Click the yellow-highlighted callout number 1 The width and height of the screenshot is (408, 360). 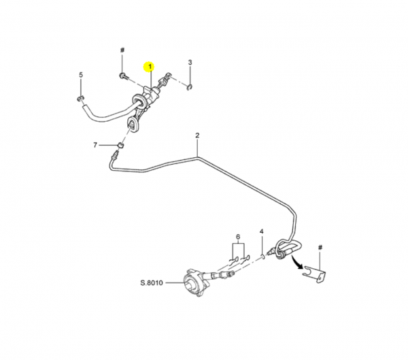[150, 67]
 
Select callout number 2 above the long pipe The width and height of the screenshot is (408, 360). [197, 135]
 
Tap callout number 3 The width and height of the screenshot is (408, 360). [190, 63]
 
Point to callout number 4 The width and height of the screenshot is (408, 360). [262, 231]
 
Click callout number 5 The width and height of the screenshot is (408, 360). [81, 75]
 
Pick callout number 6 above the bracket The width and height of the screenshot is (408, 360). [238, 237]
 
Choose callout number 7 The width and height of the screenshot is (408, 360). [95, 145]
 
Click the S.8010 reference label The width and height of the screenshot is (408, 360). [152, 282]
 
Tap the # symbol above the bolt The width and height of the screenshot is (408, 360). [122, 50]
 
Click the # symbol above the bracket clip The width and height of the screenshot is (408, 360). [320, 248]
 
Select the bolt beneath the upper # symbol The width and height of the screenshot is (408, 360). [124, 76]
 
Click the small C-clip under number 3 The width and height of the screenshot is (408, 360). [190, 88]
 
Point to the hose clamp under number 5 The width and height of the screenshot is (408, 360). [80, 99]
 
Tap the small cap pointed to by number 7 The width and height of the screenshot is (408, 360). [120, 145]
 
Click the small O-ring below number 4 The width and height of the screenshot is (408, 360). [263, 257]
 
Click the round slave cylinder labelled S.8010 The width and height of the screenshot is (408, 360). [194, 283]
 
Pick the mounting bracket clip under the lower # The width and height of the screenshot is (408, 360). [315, 274]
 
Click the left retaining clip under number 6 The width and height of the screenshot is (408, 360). [233, 261]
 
